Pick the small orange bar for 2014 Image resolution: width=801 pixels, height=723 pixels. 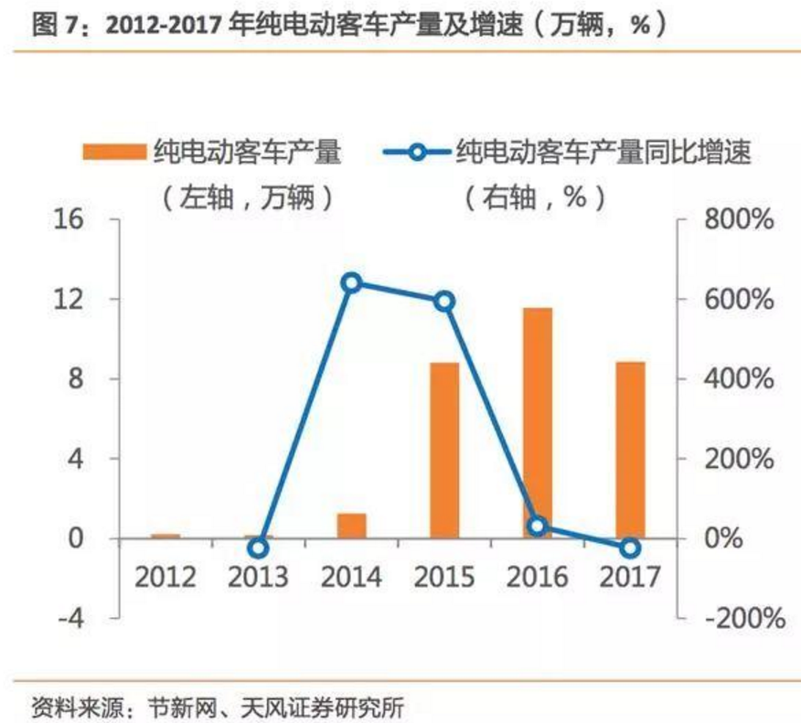pos(351,526)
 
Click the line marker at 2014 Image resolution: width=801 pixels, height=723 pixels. pos(352,282)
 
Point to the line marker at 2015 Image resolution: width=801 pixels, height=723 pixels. pos(444,302)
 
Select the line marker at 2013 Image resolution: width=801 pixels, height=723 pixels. pos(259,548)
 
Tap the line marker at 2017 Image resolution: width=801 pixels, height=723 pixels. pos(630,548)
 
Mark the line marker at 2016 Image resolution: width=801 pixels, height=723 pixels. pos(538,526)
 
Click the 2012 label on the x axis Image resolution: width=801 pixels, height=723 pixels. pos(166,578)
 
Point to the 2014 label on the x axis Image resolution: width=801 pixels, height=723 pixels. pos(351,578)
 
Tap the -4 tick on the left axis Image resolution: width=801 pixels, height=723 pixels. pos(69,618)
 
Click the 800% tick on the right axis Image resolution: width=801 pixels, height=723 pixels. pos(740,220)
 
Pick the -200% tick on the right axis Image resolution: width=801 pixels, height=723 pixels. pos(742,618)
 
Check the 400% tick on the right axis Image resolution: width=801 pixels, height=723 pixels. pos(740,379)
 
